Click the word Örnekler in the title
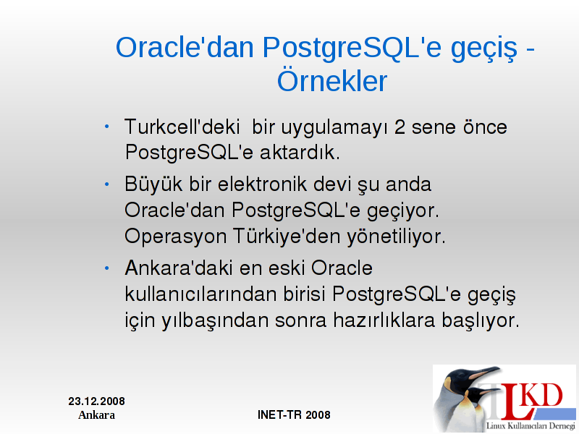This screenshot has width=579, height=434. [332, 81]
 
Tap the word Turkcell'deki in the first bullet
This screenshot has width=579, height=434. [182, 127]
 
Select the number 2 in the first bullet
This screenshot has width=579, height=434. [400, 127]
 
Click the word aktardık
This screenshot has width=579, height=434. [300, 152]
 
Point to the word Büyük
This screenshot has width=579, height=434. [153, 184]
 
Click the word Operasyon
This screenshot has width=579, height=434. [175, 237]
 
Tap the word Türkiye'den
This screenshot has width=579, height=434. [286, 236]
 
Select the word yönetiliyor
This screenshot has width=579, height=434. [396, 237]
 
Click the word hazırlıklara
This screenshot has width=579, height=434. [384, 320]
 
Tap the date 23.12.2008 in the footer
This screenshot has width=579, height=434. [96, 401]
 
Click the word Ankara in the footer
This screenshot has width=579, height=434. [96, 415]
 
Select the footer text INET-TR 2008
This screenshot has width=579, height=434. [294, 414]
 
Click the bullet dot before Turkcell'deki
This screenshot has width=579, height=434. [106, 127]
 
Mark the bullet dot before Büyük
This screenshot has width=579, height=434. [106, 184]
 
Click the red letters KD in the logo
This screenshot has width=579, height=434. [542, 395]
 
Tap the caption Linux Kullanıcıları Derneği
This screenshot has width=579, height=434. [531, 426]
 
